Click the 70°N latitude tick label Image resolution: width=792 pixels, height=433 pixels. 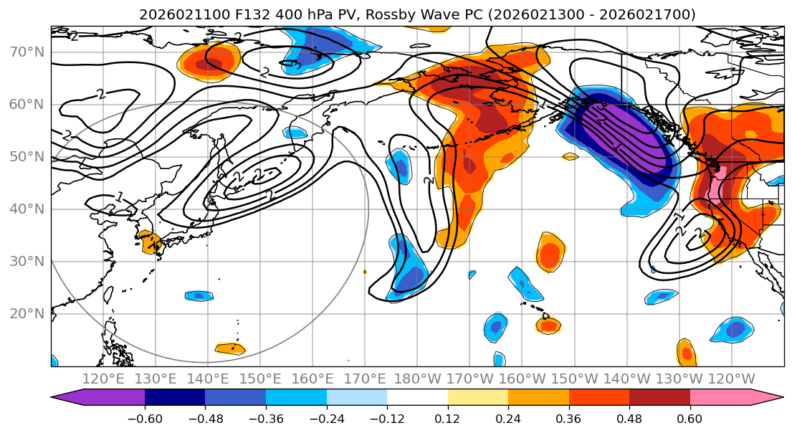27,52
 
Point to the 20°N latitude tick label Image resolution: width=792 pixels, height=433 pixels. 27,313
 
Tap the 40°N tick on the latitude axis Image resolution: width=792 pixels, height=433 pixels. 27,209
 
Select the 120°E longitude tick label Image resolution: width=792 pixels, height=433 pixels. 103,379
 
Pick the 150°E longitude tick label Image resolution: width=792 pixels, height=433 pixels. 260,379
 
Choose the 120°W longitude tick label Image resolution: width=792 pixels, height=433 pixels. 731,379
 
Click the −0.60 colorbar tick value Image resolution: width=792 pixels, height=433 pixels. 145,417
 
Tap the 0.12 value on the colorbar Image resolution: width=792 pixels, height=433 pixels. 447,417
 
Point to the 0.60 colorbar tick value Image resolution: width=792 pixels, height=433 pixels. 690,417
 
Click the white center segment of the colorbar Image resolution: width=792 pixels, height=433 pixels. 417,399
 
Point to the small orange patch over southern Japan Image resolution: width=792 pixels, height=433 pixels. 151,242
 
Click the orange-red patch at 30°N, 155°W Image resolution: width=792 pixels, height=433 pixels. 550,253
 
